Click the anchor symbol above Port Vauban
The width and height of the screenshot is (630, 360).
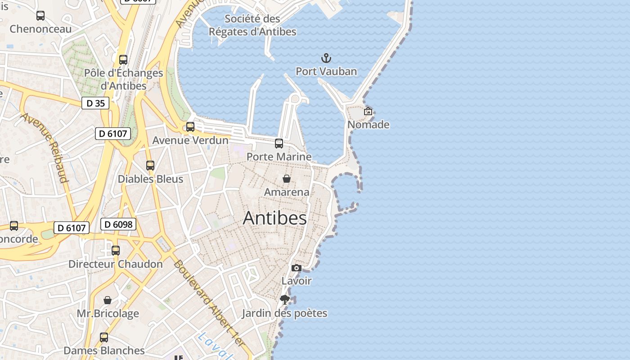[x=326, y=58]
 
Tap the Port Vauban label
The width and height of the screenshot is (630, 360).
[x=326, y=71]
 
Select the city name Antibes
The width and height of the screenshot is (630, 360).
[x=275, y=218]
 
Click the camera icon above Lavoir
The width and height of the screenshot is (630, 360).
[x=296, y=268]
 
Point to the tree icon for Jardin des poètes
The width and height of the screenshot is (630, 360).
[x=284, y=300]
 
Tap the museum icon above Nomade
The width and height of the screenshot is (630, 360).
[x=368, y=111]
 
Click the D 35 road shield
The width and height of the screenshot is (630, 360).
[x=95, y=103]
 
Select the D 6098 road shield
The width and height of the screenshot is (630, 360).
[x=118, y=224]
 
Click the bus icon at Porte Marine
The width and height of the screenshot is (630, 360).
[x=279, y=144]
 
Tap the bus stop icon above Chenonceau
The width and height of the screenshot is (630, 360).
[x=40, y=16]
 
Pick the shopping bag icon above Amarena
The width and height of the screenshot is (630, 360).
[x=287, y=179]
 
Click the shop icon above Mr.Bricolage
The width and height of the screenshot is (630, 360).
[x=108, y=300]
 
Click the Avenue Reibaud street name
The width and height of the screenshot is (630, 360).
[x=45, y=148]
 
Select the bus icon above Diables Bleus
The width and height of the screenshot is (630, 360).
[x=150, y=166]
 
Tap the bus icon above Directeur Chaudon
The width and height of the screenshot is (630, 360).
[x=116, y=251]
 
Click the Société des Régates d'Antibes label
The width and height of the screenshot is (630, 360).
[x=252, y=25]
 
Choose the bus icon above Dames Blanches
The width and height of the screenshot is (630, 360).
[x=104, y=337]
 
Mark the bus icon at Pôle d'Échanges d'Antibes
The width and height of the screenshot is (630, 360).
[x=123, y=59]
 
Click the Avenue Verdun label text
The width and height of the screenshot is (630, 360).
[x=190, y=140]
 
